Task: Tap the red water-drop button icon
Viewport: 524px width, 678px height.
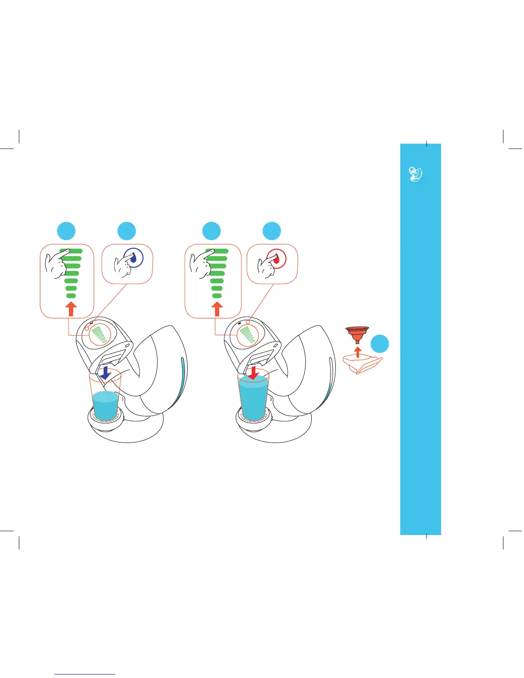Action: pyautogui.click(x=277, y=259)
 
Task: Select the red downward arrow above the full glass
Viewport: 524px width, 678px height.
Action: pyautogui.click(x=253, y=372)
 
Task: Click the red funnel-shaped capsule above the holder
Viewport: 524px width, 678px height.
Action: pyautogui.click(x=357, y=333)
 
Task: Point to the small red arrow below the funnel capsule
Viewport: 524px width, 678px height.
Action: pyautogui.click(x=358, y=352)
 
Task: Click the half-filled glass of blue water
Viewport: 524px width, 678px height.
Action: pyautogui.click(x=106, y=404)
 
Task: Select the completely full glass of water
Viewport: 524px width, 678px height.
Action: pyautogui.click(x=253, y=398)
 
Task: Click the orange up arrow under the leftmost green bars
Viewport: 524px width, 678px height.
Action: pyautogui.click(x=71, y=309)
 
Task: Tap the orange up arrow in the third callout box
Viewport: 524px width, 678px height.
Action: pyautogui.click(x=217, y=309)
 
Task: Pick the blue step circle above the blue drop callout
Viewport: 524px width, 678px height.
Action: pyautogui.click(x=127, y=231)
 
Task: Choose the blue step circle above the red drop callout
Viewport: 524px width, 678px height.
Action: pyautogui.click(x=272, y=231)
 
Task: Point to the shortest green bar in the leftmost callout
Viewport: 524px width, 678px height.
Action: pyautogui.click(x=71, y=296)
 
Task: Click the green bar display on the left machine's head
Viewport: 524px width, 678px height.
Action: pyautogui.click(x=101, y=335)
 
